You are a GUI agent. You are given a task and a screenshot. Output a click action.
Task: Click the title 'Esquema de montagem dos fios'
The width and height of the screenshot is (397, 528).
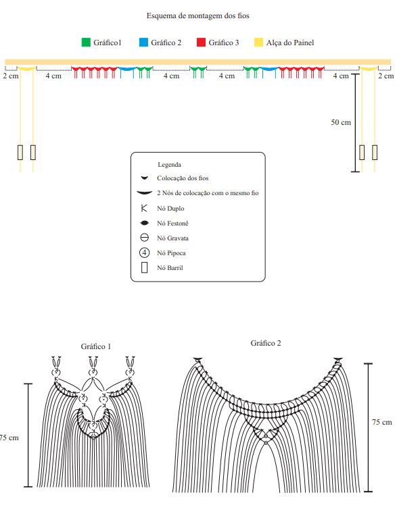point(198,16)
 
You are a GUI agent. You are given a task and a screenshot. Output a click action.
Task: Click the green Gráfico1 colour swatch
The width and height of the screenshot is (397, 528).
point(86,43)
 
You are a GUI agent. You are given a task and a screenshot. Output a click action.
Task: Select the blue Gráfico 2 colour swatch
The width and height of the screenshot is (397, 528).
point(143,43)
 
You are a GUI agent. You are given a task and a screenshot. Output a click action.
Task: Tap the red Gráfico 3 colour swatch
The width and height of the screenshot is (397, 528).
point(202,43)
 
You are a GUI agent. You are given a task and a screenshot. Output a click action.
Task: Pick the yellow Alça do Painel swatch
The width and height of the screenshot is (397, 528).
point(259,43)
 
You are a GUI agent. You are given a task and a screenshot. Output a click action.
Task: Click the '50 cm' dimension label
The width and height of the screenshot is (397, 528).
point(341,122)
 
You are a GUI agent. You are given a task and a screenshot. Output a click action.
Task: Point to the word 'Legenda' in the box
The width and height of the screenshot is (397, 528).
point(169,165)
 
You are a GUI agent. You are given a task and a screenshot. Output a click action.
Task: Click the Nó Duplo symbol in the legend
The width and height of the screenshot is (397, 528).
point(144,208)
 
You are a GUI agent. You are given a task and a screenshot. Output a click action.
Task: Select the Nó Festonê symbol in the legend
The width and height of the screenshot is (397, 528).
point(144,223)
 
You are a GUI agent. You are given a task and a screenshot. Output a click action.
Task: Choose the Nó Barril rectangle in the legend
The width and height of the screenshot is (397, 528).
point(144,267)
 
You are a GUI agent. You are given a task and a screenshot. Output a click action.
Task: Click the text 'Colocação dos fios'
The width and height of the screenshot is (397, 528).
point(183,178)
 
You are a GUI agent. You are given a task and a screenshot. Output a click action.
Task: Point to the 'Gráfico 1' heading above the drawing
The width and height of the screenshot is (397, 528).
point(96,346)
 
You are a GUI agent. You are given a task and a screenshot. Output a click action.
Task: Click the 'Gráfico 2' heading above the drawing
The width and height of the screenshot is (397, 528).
point(266,343)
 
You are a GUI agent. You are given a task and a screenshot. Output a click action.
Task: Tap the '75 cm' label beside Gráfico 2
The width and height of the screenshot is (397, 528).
point(382,422)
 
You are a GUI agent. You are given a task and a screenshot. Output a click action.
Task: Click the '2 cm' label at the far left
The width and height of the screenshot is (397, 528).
point(11,76)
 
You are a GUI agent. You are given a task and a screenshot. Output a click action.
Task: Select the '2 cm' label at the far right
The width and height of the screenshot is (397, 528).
point(386,76)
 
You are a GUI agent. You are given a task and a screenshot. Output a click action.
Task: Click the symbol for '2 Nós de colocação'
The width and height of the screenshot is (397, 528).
point(144,193)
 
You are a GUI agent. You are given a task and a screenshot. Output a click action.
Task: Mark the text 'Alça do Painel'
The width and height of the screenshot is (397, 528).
point(290,43)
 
